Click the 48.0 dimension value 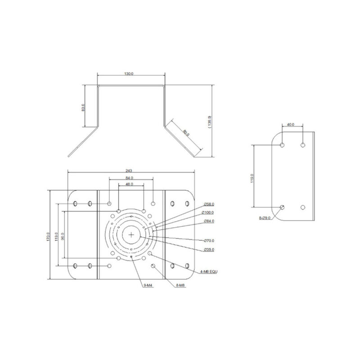[130, 184]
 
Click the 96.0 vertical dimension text [62, 236]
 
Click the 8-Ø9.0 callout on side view [265, 218]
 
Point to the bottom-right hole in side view [303, 207]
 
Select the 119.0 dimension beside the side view [252, 178]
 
